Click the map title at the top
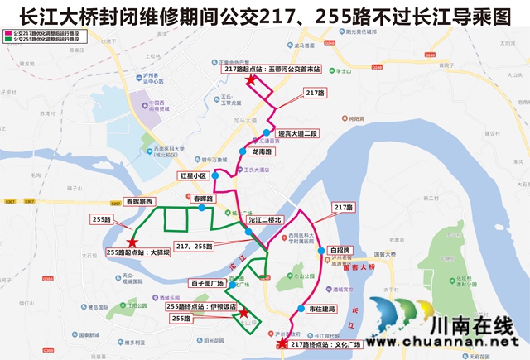point(265,16)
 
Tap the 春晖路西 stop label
point(138,201)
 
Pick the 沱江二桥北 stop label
point(266,219)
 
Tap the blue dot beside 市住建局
point(301,309)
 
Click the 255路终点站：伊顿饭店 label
point(201,305)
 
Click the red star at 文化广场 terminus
point(281,343)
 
